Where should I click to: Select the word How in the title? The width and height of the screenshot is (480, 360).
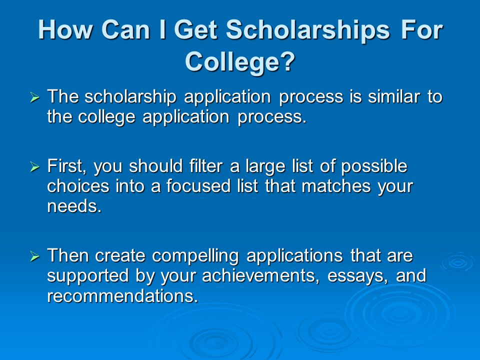coord(65,29)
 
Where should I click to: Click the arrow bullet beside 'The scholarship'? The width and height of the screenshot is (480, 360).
coord(35,97)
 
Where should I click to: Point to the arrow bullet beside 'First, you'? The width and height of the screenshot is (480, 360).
coord(35,167)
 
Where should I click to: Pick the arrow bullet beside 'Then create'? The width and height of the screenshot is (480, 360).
coord(35,256)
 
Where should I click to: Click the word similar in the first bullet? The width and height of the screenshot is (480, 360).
coord(393,96)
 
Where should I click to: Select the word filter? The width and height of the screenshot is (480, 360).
coord(206,166)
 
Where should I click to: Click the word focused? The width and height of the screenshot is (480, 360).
coord(198,186)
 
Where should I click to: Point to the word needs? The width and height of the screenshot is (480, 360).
coord(74,206)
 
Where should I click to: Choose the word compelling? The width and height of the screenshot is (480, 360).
coord(195,256)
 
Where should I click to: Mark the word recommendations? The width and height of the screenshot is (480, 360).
coord(122,295)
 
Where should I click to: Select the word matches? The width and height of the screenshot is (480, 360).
coord(336,186)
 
